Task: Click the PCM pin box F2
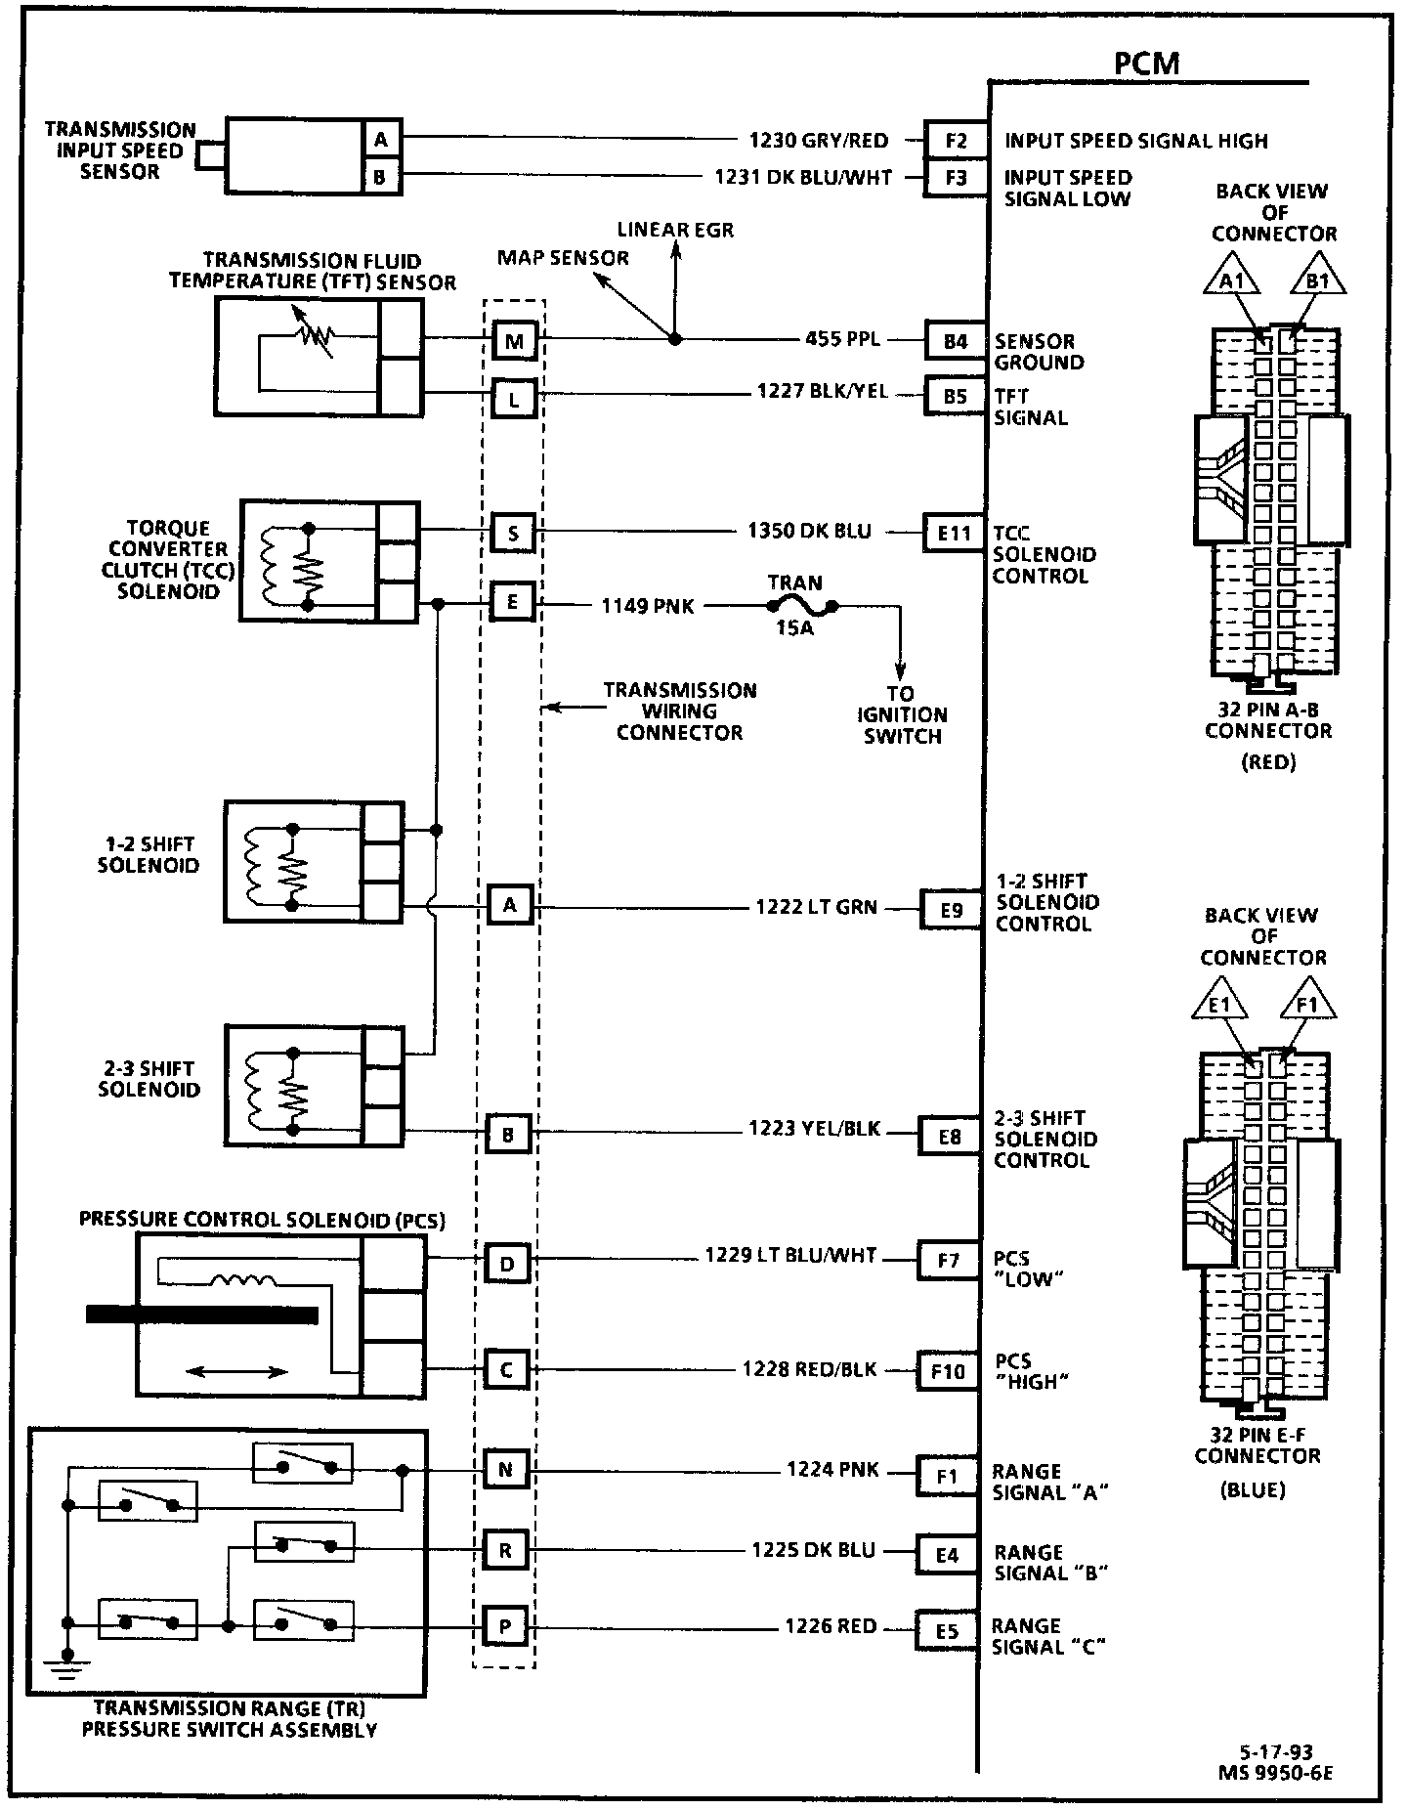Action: pos(955,141)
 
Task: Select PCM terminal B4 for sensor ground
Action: pos(955,341)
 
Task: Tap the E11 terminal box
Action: pos(954,534)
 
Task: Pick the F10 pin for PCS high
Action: pos(947,1371)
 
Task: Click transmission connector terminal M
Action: pos(514,341)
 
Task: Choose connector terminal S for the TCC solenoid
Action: pos(513,534)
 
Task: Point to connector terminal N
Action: pos(505,1469)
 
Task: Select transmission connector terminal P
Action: pos(505,1626)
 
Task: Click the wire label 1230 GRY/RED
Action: pos(819,141)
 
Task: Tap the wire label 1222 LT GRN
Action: pos(816,908)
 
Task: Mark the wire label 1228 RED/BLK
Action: pos(809,1369)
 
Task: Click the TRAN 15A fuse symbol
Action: pos(796,606)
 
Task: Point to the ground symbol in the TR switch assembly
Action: pos(66,1665)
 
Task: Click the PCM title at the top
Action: pos(1146,64)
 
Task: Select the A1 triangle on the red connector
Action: pos(1230,281)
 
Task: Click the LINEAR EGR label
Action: pos(675,231)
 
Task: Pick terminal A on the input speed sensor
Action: pos(381,140)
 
